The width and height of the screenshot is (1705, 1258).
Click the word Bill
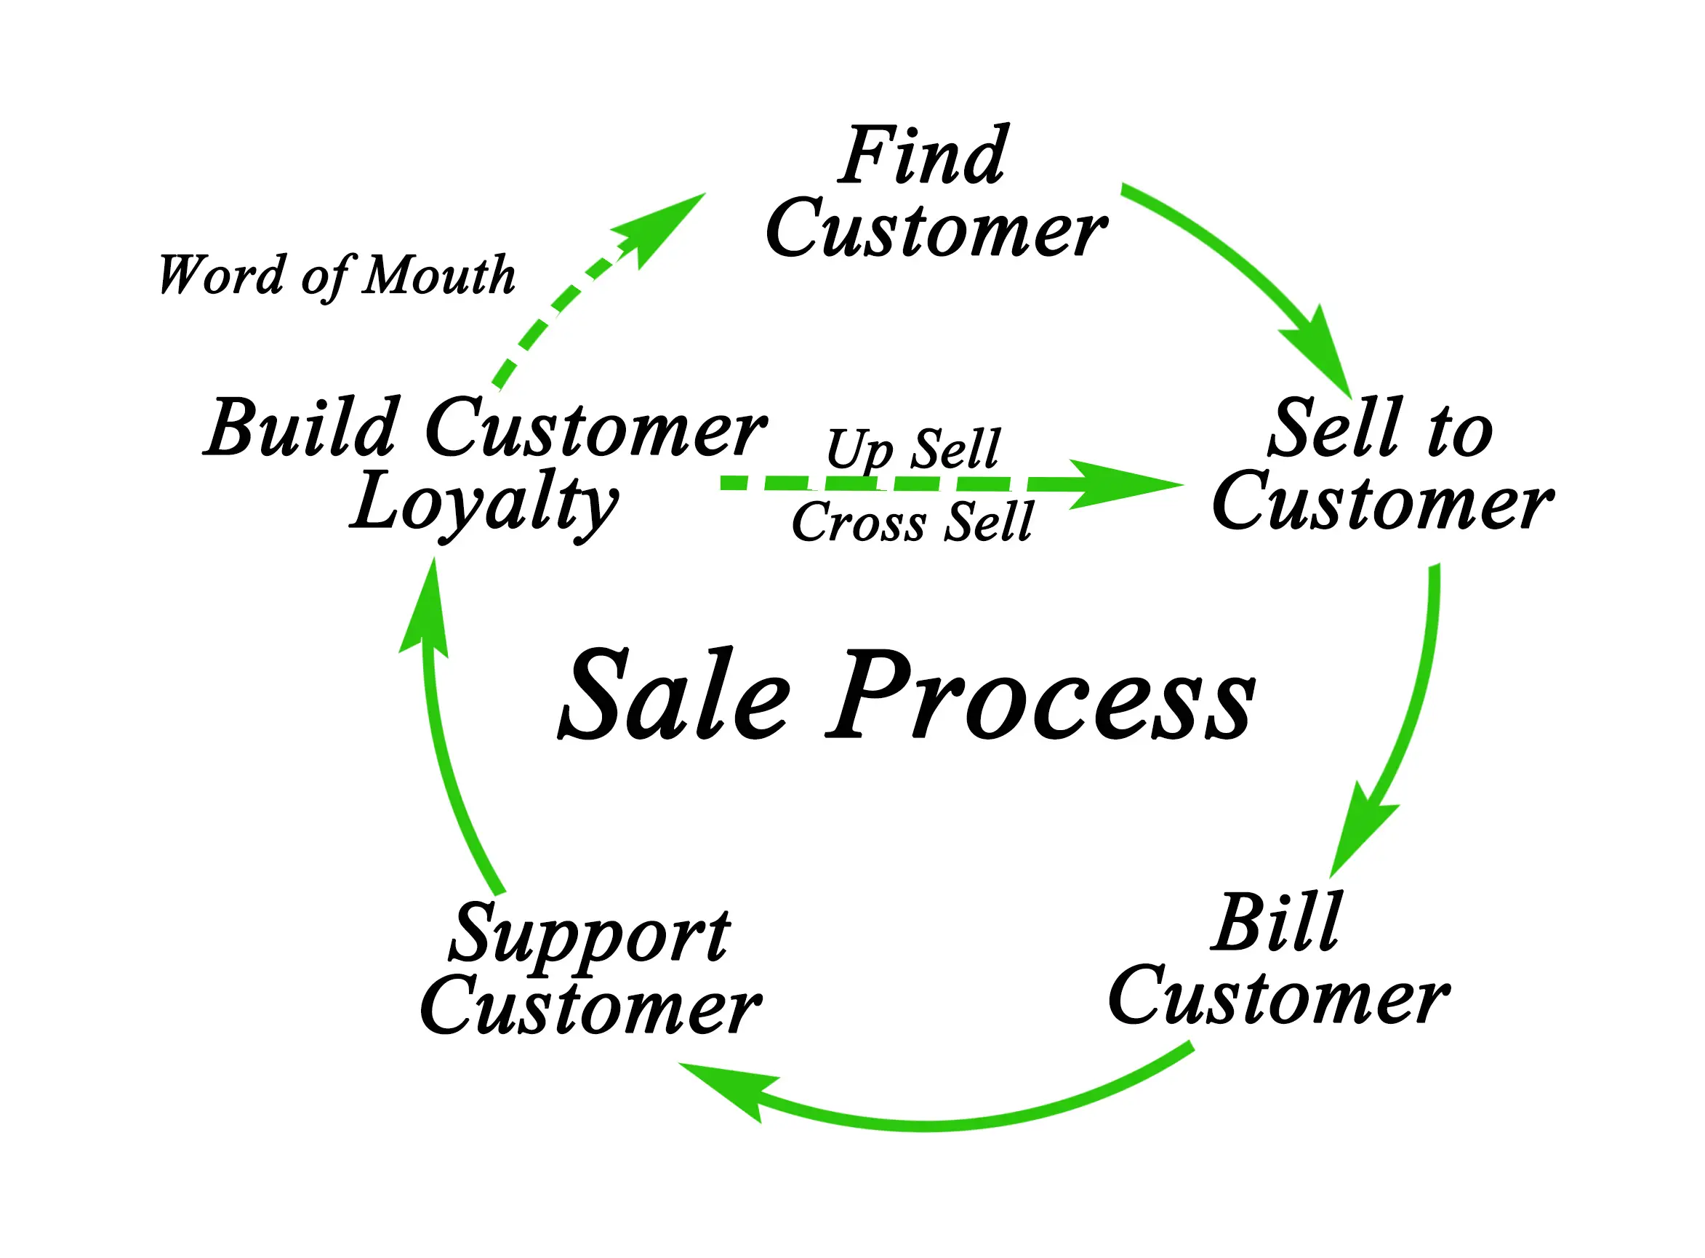[x=1276, y=923]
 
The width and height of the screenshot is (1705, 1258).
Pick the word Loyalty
[x=484, y=503]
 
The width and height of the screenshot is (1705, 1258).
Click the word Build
[x=302, y=429]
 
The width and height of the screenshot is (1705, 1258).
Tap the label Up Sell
[x=912, y=449]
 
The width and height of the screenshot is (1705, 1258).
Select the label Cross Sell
[x=912, y=522]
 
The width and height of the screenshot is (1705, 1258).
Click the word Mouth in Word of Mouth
[x=439, y=275]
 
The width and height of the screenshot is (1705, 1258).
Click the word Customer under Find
[x=936, y=229]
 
